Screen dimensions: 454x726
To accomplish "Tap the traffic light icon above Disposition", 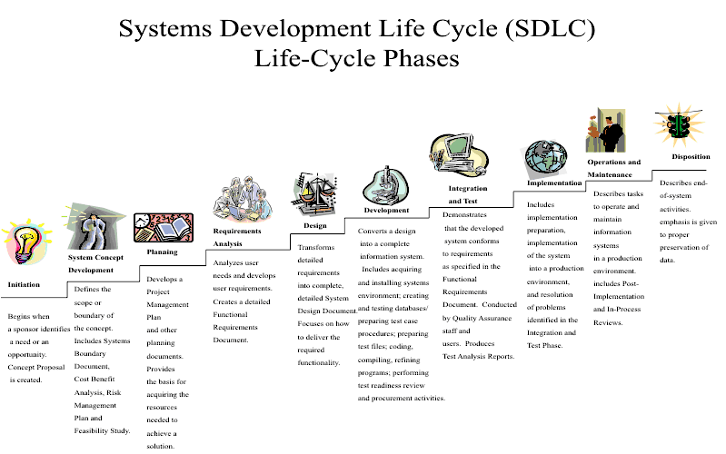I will (677, 125).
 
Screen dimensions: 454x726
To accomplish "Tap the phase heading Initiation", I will (24, 284).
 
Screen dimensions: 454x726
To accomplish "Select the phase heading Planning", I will (162, 252).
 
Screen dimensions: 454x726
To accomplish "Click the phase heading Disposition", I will (691, 156).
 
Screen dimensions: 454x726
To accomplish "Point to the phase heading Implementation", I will (554, 183).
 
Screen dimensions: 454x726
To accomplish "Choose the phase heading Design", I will (314, 226).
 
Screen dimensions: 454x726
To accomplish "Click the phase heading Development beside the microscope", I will (386, 210).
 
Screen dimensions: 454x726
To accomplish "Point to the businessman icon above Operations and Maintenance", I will (606, 131).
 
